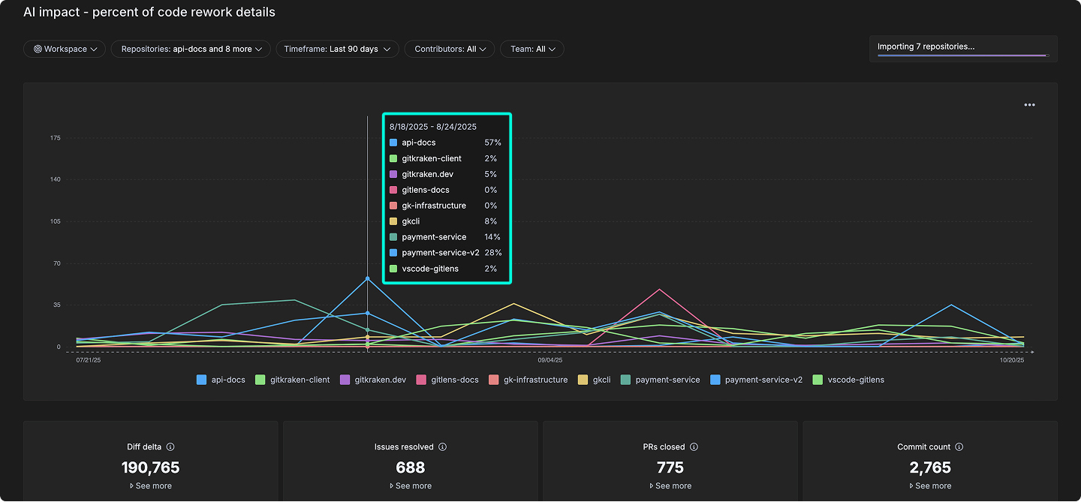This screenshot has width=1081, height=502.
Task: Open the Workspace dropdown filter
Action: tap(65, 49)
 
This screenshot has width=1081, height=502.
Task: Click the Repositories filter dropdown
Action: tap(191, 49)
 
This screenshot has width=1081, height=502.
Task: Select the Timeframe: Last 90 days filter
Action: tap(336, 49)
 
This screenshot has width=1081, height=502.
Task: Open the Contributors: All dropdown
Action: tap(449, 49)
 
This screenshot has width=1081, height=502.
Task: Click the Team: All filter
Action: tap(531, 49)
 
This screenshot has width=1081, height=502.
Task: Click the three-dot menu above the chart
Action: tap(1029, 105)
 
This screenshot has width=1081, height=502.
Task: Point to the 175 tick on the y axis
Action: tap(56, 138)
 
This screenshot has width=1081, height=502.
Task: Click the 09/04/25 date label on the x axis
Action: tap(550, 360)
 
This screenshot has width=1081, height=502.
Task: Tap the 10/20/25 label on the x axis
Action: tap(1011, 360)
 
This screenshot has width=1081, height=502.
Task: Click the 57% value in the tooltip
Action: tap(492, 143)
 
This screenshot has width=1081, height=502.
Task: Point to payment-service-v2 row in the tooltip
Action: tap(440, 253)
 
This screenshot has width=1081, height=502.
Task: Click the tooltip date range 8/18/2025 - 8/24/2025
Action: tap(433, 127)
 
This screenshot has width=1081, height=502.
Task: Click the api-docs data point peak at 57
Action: tap(367, 278)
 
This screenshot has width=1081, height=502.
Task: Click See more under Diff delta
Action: tap(150, 486)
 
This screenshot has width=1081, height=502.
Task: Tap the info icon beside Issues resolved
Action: tap(443, 447)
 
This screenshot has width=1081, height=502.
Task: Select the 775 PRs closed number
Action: tap(670, 467)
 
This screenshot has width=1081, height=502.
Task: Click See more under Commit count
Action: tap(929, 486)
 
